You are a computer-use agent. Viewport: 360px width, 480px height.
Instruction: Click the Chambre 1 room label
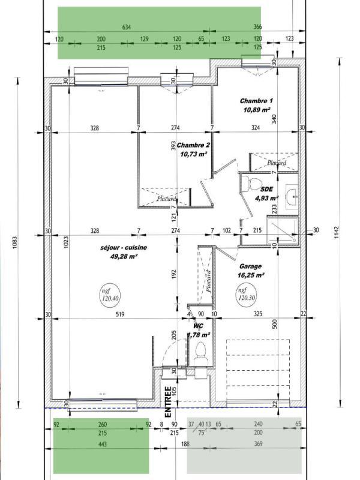click(x=256, y=101)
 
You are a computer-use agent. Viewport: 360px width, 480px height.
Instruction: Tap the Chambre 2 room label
click(x=193, y=145)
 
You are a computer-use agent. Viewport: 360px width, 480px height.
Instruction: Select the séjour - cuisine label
click(x=124, y=247)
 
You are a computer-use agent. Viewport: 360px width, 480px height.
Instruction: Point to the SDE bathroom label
click(x=266, y=188)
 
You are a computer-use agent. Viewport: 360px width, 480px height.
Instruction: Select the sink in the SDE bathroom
click(x=292, y=196)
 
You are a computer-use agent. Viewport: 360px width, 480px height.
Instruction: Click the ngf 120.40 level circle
click(x=110, y=293)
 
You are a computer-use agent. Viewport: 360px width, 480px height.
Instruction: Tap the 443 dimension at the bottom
click(x=101, y=443)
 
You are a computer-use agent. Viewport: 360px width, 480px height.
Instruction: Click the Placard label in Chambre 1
click(x=277, y=163)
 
